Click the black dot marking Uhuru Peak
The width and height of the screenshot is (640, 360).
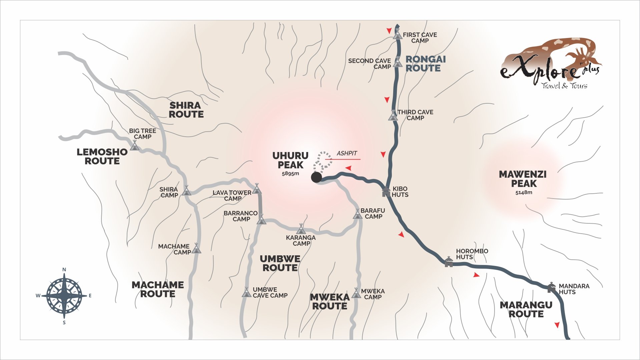click(316, 177)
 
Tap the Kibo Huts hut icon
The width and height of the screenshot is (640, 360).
click(386, 192)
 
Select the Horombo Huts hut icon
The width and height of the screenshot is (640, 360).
click(449, 262)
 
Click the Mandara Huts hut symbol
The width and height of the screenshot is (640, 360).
click(551, 287)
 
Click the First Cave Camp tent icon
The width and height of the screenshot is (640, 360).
click(397, 34)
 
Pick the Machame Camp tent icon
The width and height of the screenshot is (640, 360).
click(196, 248)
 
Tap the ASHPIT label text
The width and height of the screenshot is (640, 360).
click(347, 153)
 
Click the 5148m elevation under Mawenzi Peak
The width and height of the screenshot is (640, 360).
click(524, 193)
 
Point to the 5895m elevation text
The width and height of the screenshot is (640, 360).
click(290, 174)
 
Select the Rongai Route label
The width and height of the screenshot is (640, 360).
click(425, 64)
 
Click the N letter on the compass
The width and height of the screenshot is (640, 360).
click(64, 270)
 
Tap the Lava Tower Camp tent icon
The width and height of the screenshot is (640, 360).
click(256, 189)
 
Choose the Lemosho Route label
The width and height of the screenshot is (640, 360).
click(102, 157)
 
